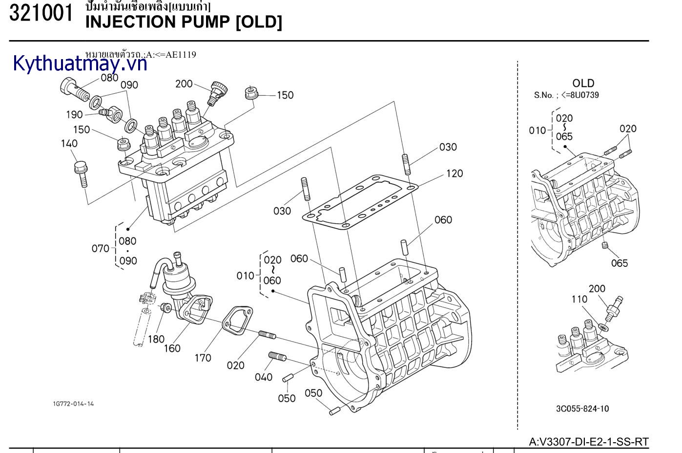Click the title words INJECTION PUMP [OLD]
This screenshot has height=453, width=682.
184,22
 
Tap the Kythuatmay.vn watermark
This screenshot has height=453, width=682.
80,64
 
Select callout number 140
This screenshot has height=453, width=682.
69,143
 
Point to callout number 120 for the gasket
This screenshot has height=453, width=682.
454,173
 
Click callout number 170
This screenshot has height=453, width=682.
203,358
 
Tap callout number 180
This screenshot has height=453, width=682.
156,339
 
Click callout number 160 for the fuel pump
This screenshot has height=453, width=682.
172,348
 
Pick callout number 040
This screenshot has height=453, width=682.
263,377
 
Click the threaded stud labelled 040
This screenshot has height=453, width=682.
277,357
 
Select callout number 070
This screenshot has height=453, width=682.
100,248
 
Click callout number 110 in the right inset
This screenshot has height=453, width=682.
579,299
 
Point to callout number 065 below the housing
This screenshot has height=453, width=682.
620,263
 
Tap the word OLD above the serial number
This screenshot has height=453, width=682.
583,83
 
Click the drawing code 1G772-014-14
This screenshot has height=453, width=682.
73,404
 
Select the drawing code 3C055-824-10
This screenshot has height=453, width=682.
582,409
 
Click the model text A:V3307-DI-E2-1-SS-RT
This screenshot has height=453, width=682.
589,442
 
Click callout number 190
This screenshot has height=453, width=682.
74,114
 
